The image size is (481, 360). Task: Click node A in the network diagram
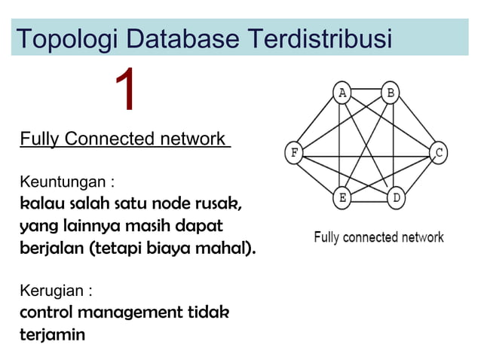click(x=342, y=93)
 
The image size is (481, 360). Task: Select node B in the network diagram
click(x=391, y=93)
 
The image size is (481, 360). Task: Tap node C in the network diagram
click(x=439, y=154)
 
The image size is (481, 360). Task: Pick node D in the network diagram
click(x=397, y=199)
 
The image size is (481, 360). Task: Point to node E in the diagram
click(x=342, y=199)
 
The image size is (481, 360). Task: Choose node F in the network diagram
click(x=293, y=154)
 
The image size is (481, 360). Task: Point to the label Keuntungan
click(x=66, y=182)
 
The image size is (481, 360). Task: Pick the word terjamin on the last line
click(x=52, y=334)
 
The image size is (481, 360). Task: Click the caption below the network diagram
click(x=378, y=237)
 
